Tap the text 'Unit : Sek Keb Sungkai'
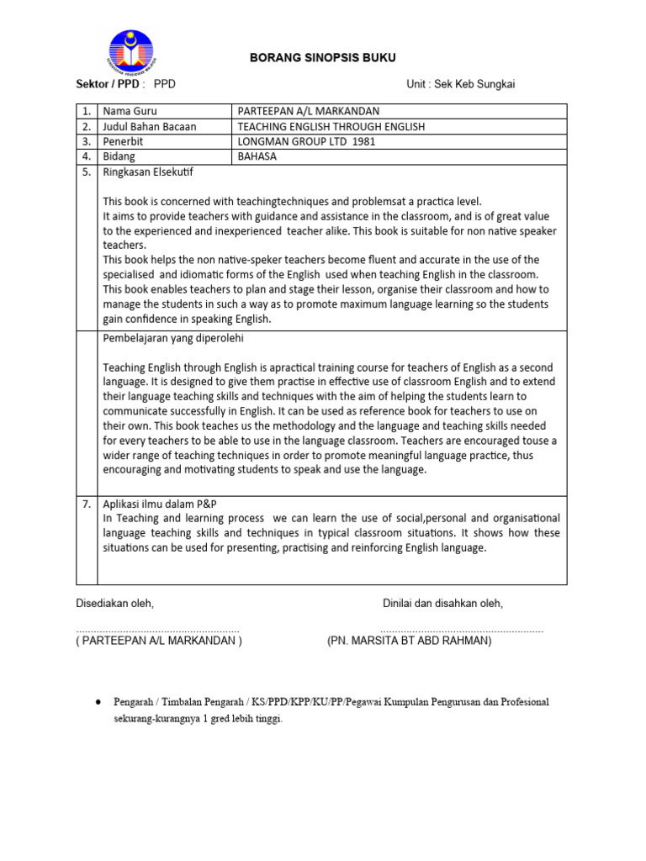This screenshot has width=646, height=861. (x=460, y=84)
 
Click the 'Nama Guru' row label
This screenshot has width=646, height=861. (x=130, y=111)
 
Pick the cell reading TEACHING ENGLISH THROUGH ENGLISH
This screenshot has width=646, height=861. (x=331, y=126)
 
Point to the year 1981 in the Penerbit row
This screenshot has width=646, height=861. (x=364, y=141)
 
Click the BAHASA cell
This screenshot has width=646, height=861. (x=257, y=156)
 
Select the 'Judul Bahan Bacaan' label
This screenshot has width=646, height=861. (x=149, y=126)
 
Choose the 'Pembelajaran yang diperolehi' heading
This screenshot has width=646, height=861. (x=173, y=338)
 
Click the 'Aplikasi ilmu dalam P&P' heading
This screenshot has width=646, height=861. (x=160, y=503)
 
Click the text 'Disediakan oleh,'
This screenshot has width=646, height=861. (x=115, y=603)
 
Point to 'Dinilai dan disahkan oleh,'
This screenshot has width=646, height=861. (x=442, y=603)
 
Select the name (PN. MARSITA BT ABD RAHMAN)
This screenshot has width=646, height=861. (x=409, y=641)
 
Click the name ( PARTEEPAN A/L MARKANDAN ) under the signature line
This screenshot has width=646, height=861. (x=159, y=641)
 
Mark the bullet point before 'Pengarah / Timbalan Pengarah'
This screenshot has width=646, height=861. (x=99, y=700)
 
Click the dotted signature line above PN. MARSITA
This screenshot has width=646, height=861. (x=461, y=630)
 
